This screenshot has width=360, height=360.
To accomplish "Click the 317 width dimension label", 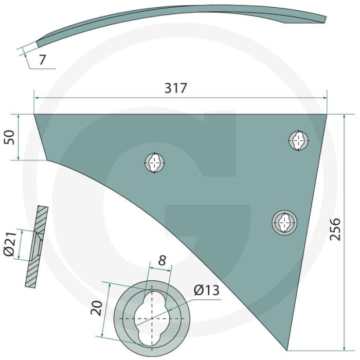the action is tap(176, 88).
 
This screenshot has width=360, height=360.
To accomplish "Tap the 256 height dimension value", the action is tap(335, 229).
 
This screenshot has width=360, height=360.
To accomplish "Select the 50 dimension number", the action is tap(9, 137).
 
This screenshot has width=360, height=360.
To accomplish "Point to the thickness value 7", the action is tap(42, 60).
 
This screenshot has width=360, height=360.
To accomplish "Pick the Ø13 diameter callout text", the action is tap(206, 290).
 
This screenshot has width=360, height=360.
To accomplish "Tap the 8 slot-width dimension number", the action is tap(162, 260).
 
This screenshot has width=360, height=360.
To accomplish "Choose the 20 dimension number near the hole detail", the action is tap(97, 308).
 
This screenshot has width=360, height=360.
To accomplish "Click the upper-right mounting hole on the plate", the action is tap(298, 140).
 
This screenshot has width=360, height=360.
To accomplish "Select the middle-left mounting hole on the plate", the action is tap(155, 163).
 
